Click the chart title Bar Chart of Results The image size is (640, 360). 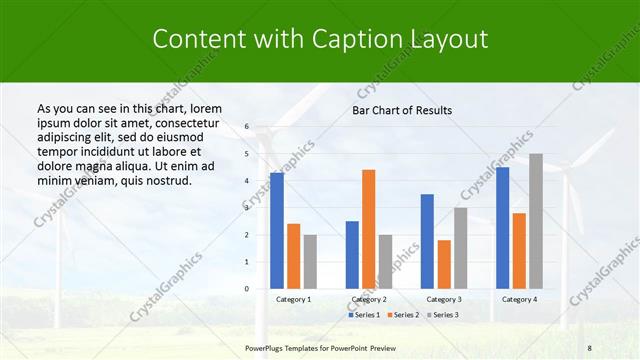[402, 110]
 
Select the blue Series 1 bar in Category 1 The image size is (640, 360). [277, 230]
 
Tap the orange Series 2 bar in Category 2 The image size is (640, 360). [368, 229]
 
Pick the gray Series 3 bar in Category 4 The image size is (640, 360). [536, 221]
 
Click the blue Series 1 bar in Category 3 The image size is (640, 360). [427, 241]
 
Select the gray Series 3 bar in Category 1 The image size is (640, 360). [310, 261]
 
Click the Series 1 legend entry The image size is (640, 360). [365, 315]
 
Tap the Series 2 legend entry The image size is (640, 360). [404, 315]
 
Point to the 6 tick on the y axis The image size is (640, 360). [247, 127]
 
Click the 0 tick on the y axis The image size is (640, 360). [247, 289]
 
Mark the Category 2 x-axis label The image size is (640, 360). [368, 299]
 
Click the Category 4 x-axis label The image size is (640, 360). [519, 299]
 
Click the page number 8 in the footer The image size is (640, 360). [589, 346]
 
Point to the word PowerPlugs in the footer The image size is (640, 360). [267, 346]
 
